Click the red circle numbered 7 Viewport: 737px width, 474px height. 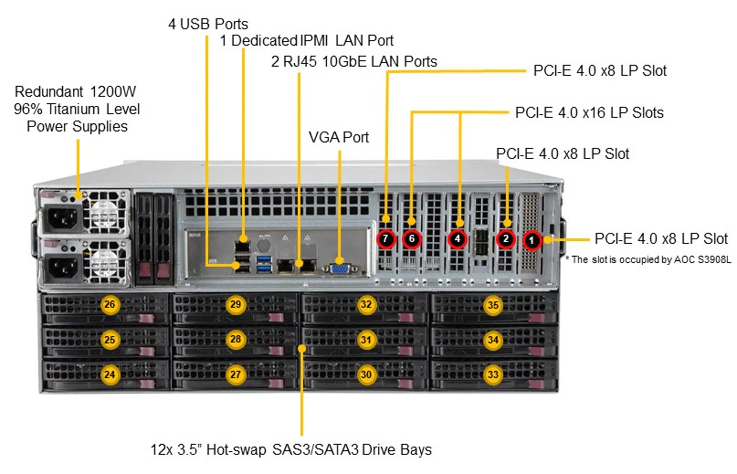coord(385,239)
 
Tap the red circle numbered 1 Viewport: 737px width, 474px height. coord(532,241)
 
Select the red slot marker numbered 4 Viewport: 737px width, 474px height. coord(458,239)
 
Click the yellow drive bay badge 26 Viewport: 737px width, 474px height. coord(110,304)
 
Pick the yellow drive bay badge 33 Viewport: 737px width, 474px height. coord(492,374)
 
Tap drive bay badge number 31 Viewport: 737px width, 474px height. coord(366,340)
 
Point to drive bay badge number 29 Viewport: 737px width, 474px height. coord(236,304)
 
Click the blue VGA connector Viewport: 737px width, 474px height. coord(340,268)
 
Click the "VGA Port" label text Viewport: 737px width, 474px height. coord(339,137)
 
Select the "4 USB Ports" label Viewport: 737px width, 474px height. coord(208,24)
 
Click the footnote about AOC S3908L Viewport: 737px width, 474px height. coord(648,259)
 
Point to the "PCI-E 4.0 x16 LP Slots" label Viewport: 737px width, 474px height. coord(589,113)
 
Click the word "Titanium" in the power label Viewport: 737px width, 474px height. coord(73,109)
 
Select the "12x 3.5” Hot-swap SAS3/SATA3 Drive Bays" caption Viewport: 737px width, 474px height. coord(291,450)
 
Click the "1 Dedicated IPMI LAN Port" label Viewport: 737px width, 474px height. coord(307,40)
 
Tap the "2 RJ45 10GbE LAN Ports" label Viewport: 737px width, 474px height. coord(354,61)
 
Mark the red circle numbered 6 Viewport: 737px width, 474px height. coord(412,239)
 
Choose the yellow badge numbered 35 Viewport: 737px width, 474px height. coord(492,305)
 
